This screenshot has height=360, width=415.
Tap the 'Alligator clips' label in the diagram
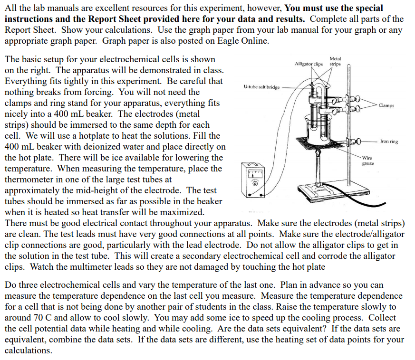click(x=309, y=64)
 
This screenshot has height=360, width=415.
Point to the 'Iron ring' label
click(x=389, y=142)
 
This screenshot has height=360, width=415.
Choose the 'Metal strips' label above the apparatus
click(x=335, y=61)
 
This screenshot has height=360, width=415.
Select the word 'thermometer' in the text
click(x=29, y=180)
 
